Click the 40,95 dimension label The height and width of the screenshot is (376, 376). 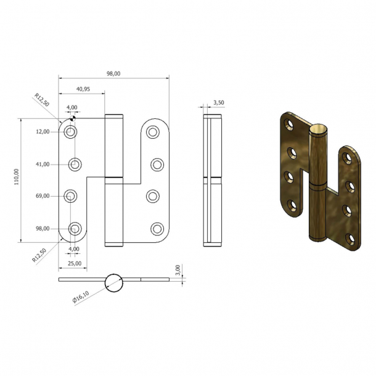click(83, 89)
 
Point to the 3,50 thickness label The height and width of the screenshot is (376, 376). click(218, 103)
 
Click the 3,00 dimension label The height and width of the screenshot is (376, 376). click(178, 271)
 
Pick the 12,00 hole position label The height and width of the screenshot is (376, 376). click(42, 132)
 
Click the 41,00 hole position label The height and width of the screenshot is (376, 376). click(42, 164)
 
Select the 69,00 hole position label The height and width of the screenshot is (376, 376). click(42, 196)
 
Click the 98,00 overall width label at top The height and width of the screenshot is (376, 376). click(113, 74)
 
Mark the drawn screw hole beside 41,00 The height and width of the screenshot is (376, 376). click(75, 164)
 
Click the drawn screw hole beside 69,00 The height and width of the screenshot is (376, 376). click(72, 196)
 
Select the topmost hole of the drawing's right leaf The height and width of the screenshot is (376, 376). click(152, 131)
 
